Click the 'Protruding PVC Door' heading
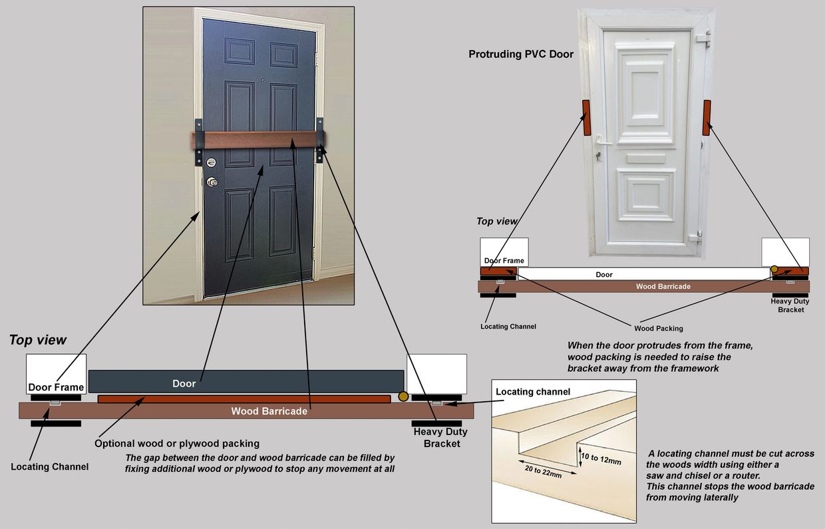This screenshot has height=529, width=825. (x=520, y=55)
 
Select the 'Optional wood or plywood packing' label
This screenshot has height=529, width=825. (x=177, y=443)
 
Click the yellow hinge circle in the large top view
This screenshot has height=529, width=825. (x=403, y=397)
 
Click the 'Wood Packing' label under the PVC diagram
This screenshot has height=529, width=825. (x=658, y=328)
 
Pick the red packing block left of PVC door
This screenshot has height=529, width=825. (x=586, y=118)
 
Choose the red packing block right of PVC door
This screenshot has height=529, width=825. (x=707, y=118)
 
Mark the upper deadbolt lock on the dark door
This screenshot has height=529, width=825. (x=212, y=162)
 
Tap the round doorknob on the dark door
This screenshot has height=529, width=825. (x=212, y=182)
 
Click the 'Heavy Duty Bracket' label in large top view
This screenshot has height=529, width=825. (x=440, y=437)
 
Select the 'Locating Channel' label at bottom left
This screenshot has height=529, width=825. (x=49, y=466)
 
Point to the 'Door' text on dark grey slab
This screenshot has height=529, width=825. (x=184, y=383)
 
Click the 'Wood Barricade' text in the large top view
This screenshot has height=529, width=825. (x=269, y=411)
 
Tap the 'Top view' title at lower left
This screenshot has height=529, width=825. (x=38, y=340)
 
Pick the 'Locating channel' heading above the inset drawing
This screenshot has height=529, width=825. (x=533, y=391)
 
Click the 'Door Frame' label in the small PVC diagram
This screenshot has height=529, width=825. (x=504, y=261)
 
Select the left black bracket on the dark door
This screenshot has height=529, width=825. (x=198, y=142)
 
